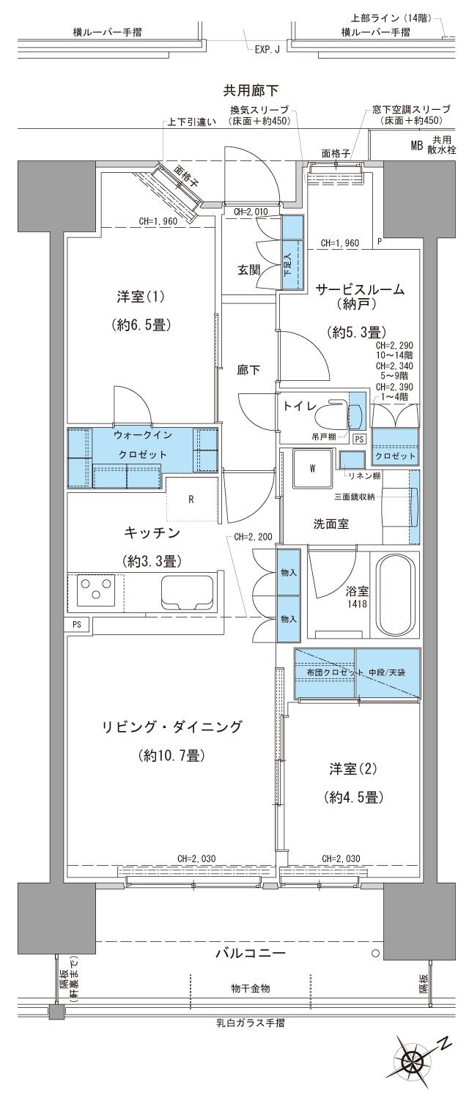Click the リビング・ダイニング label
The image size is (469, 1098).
(x=171, y=727)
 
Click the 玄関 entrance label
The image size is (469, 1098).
(x=249, y=270)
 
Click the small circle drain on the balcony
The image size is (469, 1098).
(x=375, y=954)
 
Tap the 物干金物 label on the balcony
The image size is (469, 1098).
(x=250, y=989)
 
